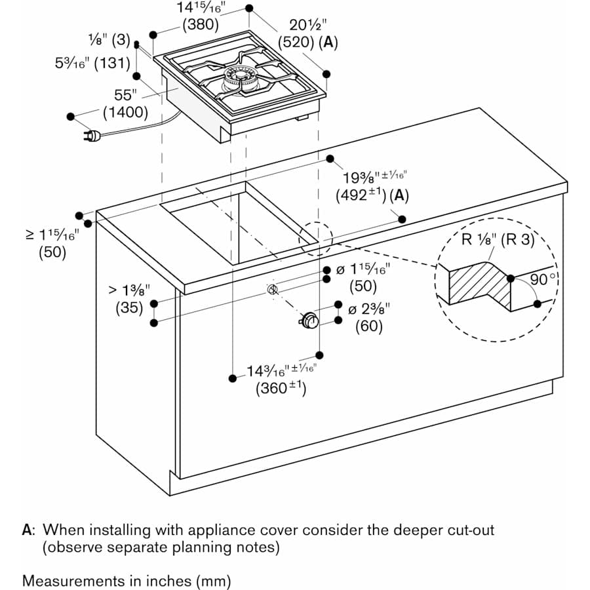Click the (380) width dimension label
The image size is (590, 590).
click(x=200, y=25)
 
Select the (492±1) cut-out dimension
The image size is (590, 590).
click(x=360, y=195)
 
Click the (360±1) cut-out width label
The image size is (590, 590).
click(x=281, y=387)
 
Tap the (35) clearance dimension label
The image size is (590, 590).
click(x=129, y=307)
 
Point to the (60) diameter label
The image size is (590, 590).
click(x=369, y=326)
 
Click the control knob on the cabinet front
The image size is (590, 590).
click(x=309, y=321)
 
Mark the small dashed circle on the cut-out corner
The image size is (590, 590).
click(x=315, y=239)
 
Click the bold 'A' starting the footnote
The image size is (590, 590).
click(x=27, y=529)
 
